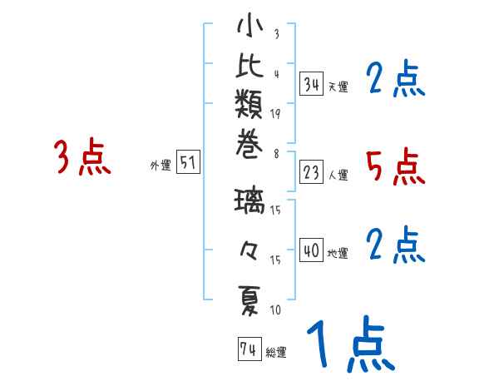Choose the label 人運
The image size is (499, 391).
[x=338, y=176]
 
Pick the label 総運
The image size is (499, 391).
[x=276, y=353]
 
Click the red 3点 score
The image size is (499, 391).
[x=82, y=158]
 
